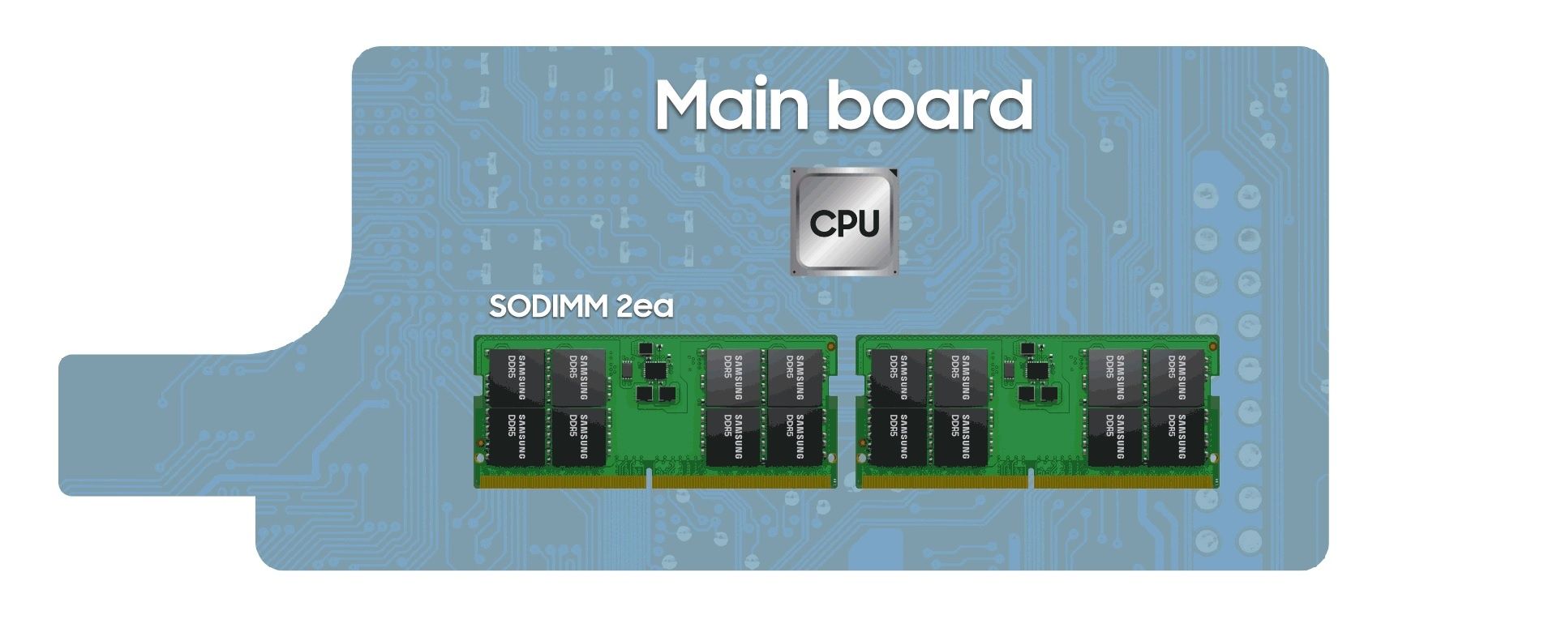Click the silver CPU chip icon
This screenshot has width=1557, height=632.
845,221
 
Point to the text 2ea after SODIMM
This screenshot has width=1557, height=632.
646,306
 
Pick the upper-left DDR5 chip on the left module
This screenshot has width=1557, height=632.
517,378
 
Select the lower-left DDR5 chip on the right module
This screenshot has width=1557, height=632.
899,437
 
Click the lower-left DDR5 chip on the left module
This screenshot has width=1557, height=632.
517,437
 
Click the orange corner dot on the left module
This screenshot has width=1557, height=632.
831,346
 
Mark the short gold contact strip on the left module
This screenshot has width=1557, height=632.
563,482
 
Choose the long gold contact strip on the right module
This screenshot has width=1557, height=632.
1125,482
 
